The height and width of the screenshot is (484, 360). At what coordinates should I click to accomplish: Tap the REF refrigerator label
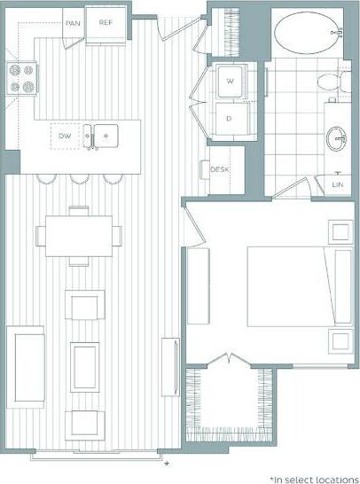click(106, 23)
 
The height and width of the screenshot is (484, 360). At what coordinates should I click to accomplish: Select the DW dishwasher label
click(64, 137)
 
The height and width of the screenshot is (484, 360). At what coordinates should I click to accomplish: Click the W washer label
click(230, 82)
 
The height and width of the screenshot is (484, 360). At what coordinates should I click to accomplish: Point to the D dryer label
click(230, 118)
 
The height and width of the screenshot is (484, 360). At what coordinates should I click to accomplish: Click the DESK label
click(220, 170)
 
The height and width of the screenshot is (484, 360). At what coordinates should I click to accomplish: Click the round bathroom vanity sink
click(337, 138)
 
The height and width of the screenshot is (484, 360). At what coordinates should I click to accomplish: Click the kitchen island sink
click(101, 137)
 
